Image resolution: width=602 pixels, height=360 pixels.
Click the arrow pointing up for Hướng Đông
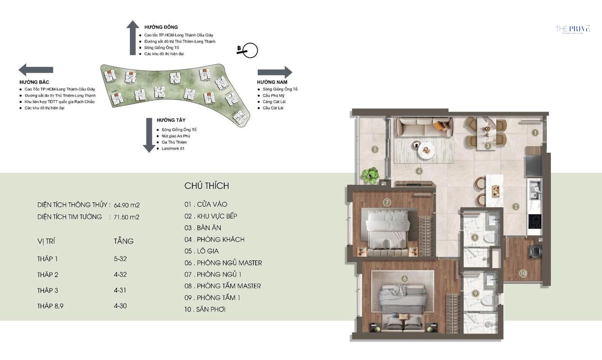click(132, 38)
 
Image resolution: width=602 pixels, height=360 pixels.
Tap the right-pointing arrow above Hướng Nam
click(274, 72)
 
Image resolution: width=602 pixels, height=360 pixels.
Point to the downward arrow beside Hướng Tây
click(148, 135)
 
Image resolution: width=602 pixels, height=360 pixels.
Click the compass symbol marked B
click(248, 50)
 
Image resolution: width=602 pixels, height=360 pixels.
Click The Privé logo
click(572, 29)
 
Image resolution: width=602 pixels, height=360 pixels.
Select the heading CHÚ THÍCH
click(207, 186)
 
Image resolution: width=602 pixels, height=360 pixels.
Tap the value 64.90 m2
click(127, 205)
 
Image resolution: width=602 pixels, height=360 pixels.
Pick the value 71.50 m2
click(127, 217)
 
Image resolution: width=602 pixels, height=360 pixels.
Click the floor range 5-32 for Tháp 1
click(120, 259)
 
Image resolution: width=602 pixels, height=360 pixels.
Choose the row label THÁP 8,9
click(51, 305)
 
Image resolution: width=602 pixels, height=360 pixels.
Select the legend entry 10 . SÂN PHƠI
click(205, 309)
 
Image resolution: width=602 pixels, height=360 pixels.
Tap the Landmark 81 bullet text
click(171, 148)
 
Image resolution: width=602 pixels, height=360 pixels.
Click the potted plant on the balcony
click(371, 174)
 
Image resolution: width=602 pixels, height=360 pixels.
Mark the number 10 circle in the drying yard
click(523, 273)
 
